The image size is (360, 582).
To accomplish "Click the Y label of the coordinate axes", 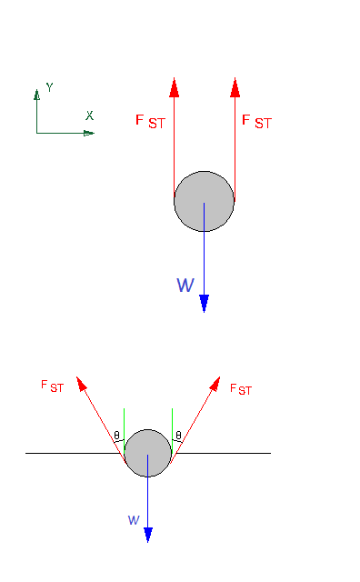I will coord(49,87).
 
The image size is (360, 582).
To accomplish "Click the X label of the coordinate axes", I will coord(89,115).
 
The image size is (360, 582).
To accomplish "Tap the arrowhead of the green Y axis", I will coord(36,93).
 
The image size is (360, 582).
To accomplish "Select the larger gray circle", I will coord(204,201).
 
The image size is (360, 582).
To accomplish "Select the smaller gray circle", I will coord(147,453).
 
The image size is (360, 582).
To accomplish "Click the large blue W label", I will coord(185,286).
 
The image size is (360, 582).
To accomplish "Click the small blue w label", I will coord(134,520).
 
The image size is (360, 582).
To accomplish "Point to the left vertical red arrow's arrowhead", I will coord(174,86).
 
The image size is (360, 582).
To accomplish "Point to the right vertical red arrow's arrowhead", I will coord(235,86).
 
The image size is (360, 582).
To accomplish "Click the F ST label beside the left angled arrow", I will coord(52,386).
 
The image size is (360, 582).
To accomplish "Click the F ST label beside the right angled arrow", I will coord(241,389).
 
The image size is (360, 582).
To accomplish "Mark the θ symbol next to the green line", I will coord(117,436).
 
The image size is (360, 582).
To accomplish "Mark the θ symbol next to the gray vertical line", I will coord(178,436).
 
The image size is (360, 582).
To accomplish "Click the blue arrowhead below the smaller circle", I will coord(147,534).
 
